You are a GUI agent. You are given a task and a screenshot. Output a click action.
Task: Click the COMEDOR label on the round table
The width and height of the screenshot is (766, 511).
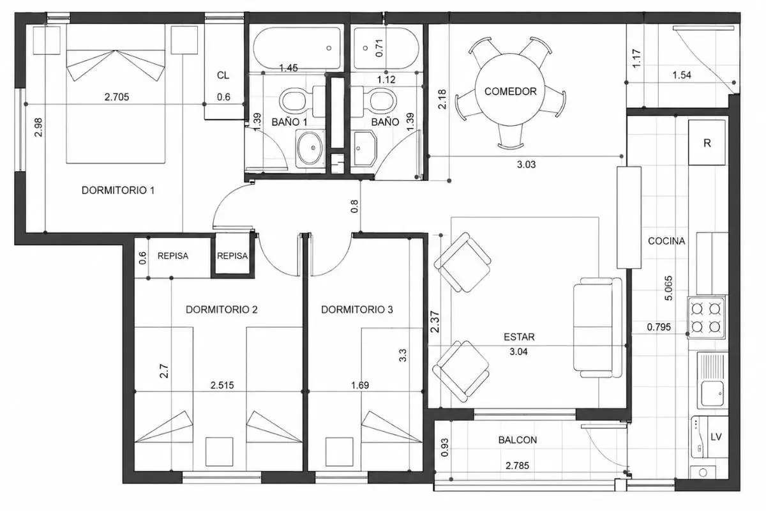(510, 91)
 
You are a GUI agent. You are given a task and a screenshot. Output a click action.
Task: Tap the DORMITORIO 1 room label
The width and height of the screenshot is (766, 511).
(118, 190)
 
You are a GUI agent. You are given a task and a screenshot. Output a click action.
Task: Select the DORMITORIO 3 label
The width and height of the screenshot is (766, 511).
(357, 310)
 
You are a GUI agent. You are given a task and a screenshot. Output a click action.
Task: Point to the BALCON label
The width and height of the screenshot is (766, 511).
(518, 440)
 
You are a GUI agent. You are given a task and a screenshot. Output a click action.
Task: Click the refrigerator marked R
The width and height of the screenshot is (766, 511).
(707, 142)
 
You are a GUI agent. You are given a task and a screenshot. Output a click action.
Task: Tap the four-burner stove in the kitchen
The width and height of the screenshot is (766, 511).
(706, 318)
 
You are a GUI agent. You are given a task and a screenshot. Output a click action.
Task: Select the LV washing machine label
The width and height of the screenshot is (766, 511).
(716, 437)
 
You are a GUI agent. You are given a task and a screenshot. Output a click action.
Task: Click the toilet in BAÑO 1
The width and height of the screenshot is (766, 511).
(297, 102)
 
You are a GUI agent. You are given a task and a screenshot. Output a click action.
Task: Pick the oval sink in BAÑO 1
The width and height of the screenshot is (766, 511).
(310, 148)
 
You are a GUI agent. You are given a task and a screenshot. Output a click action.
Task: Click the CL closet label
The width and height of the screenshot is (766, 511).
(223, 75)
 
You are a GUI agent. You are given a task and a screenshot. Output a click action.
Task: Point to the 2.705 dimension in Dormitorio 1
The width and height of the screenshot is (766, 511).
(117, 97)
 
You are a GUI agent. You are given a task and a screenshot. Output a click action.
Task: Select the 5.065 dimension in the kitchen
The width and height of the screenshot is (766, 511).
(668, 288)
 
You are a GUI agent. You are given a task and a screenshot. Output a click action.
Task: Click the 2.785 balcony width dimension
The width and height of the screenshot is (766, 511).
(517, 466)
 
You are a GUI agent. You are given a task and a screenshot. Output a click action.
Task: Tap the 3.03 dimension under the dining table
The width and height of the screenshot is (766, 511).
(526, 165)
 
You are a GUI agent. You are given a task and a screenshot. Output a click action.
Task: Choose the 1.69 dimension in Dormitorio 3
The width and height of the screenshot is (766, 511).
(360, 385)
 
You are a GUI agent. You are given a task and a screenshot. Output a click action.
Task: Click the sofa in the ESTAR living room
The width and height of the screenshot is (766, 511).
(597, 328)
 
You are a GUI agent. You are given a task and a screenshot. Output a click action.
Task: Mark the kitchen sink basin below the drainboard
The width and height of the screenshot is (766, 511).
(712, 393)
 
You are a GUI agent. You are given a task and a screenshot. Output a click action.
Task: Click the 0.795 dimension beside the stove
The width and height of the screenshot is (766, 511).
(659, 327)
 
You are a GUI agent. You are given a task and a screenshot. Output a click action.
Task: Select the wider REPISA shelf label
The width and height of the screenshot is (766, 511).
(173, 256)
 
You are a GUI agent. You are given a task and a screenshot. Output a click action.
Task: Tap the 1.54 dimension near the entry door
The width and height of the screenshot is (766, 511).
(682, 75)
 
